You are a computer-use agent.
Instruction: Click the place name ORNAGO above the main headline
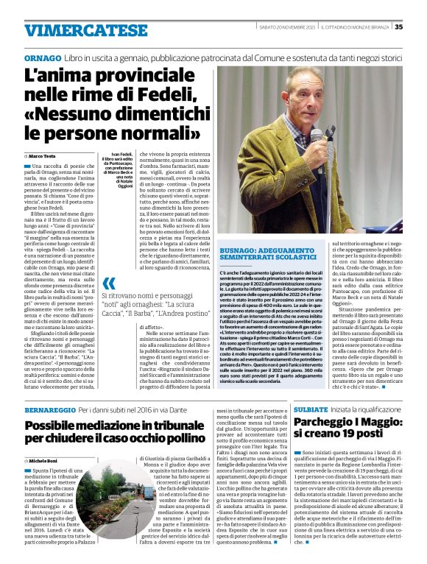click(x=42, y=57)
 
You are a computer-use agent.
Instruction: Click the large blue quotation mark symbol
click(x=109, y=283)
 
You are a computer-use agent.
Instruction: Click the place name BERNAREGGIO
click(x=50, y=408)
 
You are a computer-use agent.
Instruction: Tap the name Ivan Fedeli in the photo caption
click(x=111, y=149)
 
